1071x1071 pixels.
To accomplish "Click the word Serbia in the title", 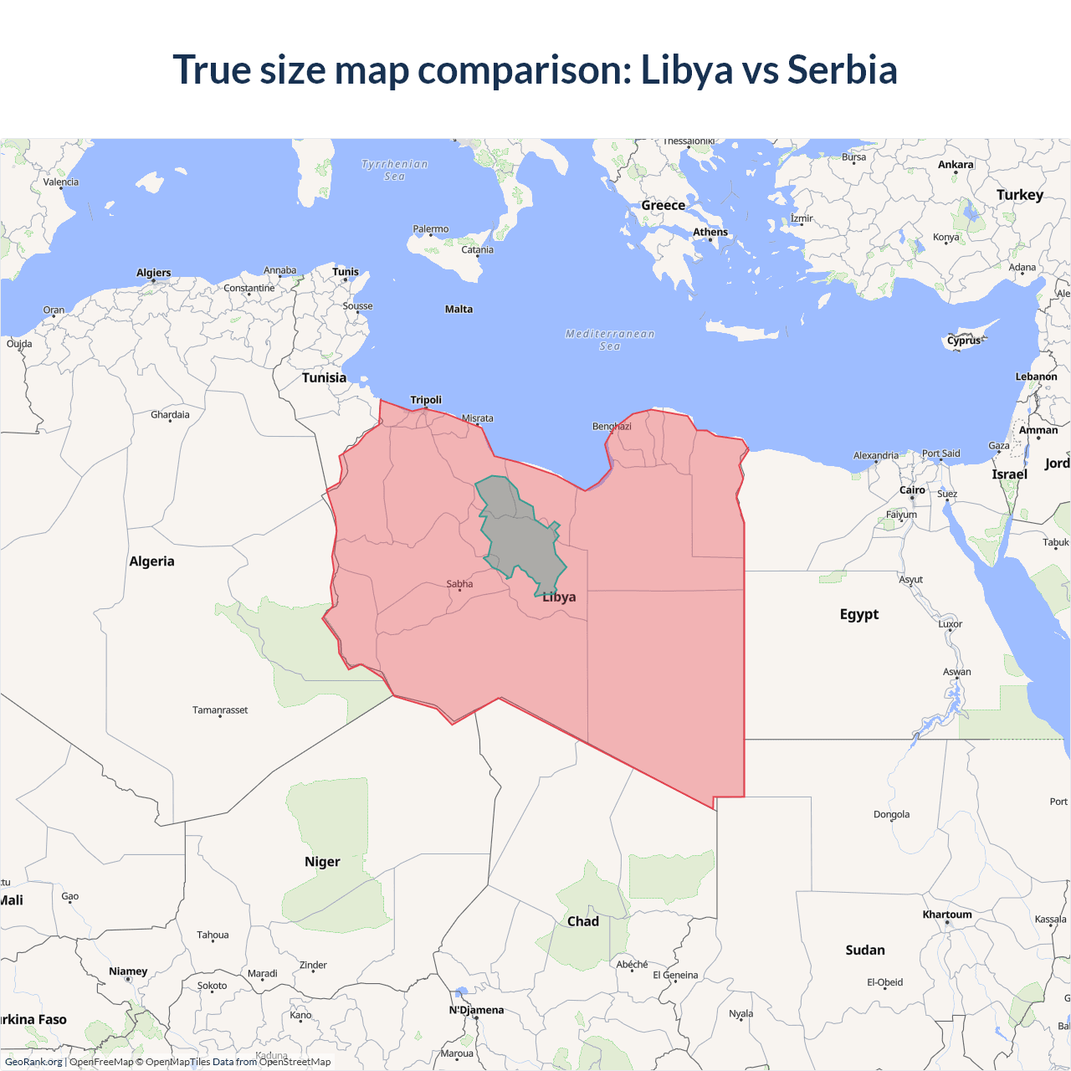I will [x=842, y=69].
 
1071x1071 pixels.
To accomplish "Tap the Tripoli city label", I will [x=426, y=400].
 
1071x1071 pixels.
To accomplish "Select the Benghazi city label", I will [x=612, y=427].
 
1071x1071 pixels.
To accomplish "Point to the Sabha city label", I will [x=459, y=584].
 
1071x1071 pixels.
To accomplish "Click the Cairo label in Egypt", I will [x=912, y=490].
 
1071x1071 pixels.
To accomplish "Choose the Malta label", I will [x=459, y=310].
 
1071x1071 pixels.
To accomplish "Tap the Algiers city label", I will [x=154, y=273].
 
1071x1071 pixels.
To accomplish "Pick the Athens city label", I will [x=710, y=233].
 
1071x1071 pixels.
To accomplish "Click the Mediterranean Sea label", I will [x=610, y=340].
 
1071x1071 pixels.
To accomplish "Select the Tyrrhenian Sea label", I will [x=395, y=170].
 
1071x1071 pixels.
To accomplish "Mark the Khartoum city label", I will [x=947, y=915].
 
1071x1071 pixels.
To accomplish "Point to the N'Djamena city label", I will [x=477, y=1010].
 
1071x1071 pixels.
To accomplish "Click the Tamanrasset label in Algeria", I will [x=220, y=710].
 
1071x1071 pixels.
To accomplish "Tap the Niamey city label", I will [x=128, y=971].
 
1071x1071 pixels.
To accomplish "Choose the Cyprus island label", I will [x=964, y=341].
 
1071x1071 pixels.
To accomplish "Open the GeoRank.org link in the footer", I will [x=33, y=1062].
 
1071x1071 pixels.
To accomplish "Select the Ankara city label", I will [x=956, y=165].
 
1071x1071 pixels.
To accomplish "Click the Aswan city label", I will [x=957, y=672].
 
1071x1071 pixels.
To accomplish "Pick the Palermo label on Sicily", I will [x=431, y=229].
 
